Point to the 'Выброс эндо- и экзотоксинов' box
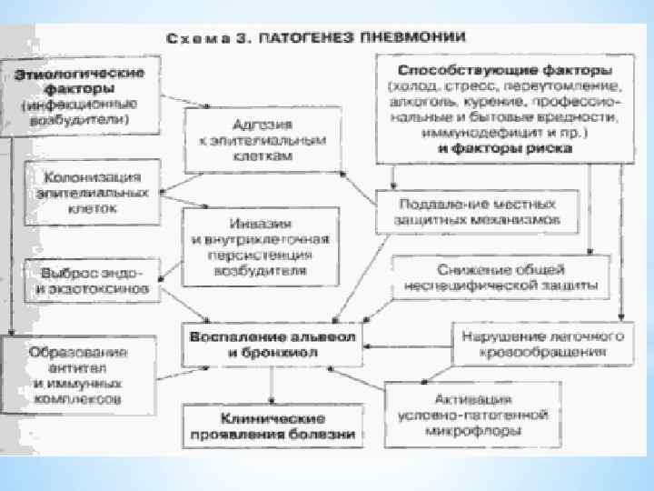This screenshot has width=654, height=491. tap(88, 282)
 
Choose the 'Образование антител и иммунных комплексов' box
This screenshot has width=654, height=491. tap(78, 375)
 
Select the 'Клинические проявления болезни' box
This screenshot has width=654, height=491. tap(272, 426)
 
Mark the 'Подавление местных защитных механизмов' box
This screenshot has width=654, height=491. tap(477, 211)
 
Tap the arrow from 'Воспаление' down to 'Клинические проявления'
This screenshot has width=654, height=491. tap(272, 387)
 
